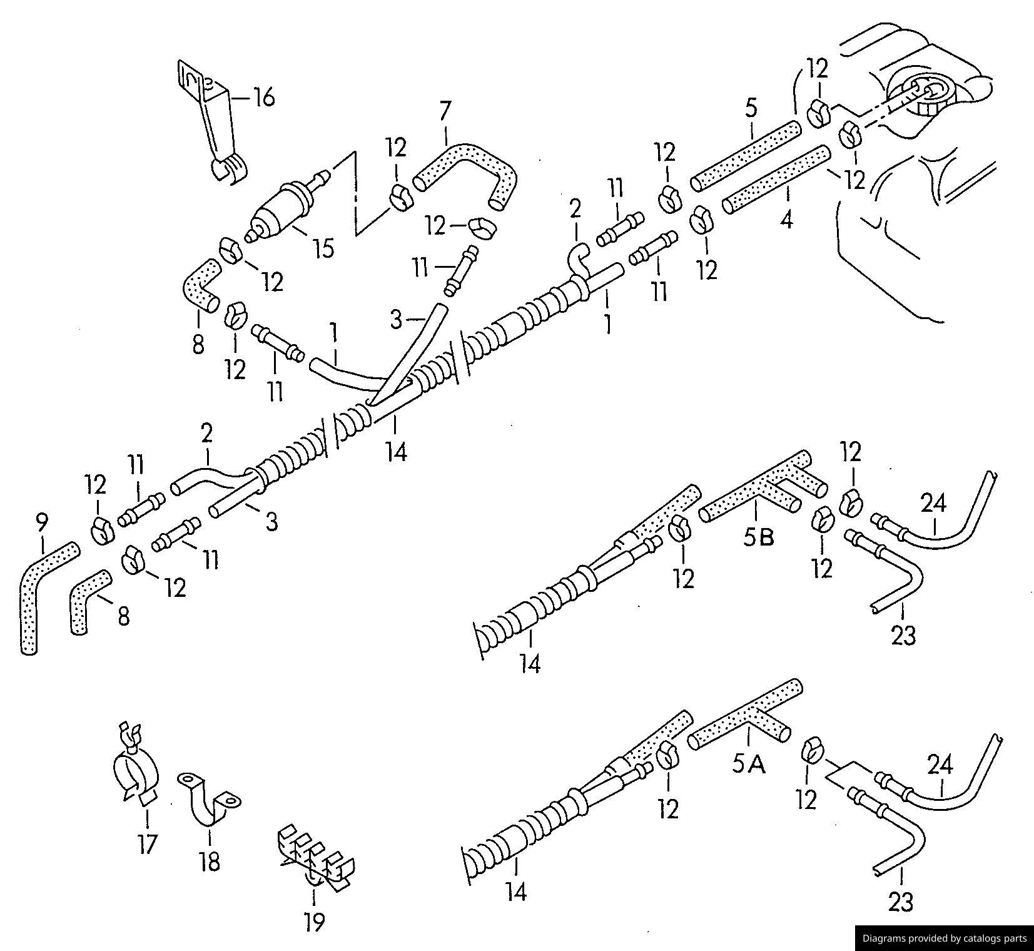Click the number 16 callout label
pyautogui.click(x=264, y=98)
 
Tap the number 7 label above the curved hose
pyautogui.click(x=444, y=111)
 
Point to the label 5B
pyautogui.click(x=759, y=537)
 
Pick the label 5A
pyautogui.click(x=749, y=764)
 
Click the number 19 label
pyautogui.click(x=315, y=921)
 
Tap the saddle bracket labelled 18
pyautogui.click(x=210, y=801)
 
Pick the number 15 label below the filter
pyautogui.click(x=323, y=248)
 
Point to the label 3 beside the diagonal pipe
pyautogui.click(x=395, y=320)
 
